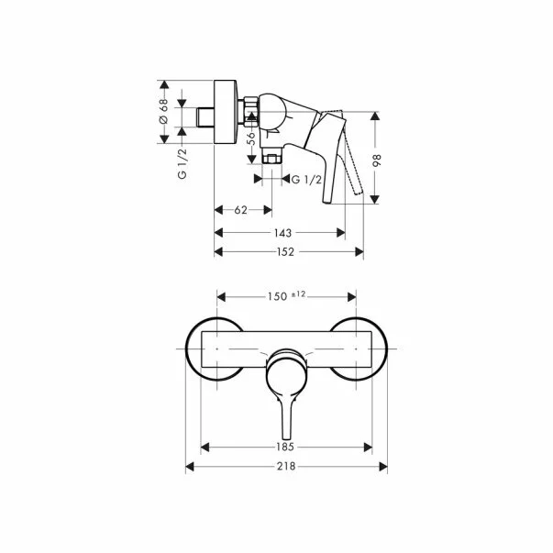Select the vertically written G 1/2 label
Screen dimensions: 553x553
tap(182, 162)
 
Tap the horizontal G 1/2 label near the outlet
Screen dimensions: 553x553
tap(303, 181)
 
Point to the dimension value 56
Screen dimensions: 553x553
tap(249, 138)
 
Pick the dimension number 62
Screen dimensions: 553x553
tap(241, 210)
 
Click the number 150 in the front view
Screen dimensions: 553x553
tap(276, 295)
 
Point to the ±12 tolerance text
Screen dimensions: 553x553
tap(298, 293)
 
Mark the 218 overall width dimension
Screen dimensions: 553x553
tap(286, 468)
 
